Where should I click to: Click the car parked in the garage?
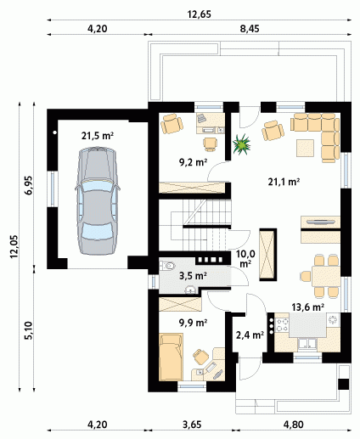click(x=97, y=201)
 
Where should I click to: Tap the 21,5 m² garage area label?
click(x=98, y=136)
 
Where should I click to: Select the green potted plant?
click(x=241, y=144)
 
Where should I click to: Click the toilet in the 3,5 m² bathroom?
click(x=168, y=266)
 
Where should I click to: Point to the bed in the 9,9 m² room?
click(x=171, y=357)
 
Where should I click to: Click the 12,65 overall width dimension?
click(x=200, y=14)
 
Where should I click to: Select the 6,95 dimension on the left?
click(x=29, y=185)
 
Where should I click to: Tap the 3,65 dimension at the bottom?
click(x=192, y=425)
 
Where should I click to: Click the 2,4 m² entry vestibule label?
click(x=250, y=335)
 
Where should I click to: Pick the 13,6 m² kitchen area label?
click(x=308, y=307)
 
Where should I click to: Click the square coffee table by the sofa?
click(x=305, y=148)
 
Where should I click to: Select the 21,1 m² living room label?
click(x=284, y=182)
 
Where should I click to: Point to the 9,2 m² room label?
click(x=194, y=162)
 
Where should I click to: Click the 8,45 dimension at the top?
click(x=250, y=29)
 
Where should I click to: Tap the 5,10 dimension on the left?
click(x=29, y=330)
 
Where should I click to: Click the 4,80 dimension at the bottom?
click(x=294, y=425)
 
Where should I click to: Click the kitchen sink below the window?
click(x=307, y=343)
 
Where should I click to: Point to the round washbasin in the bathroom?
click(x=191, y=290)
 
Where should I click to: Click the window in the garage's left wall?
click(x=53, y=189)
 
